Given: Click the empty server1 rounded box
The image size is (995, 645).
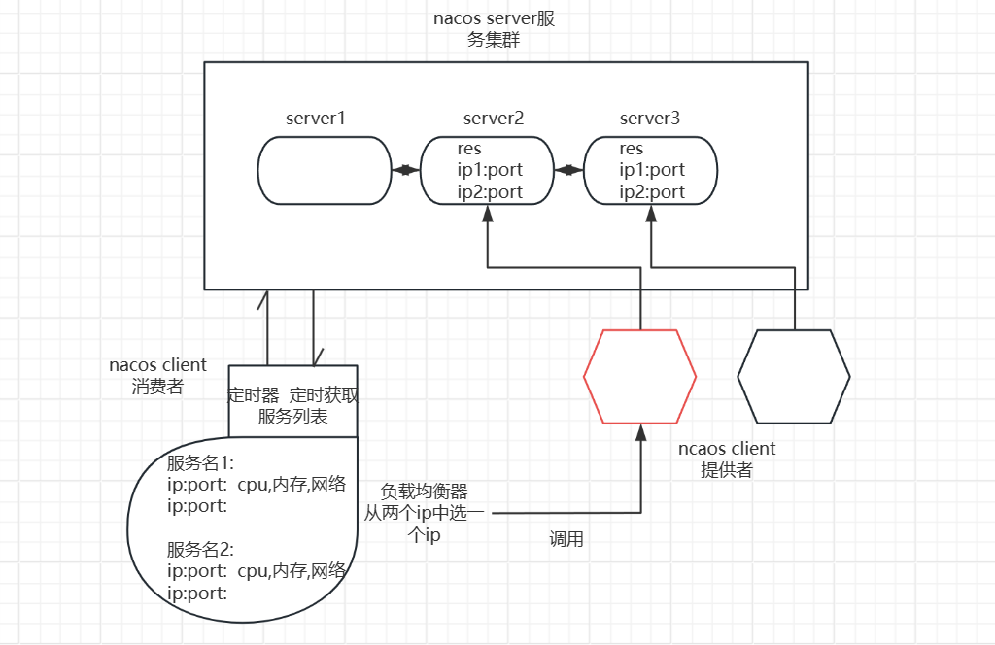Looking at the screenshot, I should tap(324, 171).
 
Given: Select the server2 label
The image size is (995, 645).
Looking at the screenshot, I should tap(493, 119).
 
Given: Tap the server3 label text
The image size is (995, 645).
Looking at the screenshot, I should tap(649, 119).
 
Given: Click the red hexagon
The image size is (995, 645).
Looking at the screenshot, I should tap(639, 376).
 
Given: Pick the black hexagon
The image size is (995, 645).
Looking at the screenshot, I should tap(794, 376).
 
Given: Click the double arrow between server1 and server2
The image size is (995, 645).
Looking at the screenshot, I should tap(405, 171).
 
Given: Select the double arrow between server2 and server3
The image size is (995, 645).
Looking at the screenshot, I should tap(567, 171).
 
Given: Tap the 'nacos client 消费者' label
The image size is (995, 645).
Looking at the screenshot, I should tap(157, 376).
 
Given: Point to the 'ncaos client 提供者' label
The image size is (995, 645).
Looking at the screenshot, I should tap(727, 459).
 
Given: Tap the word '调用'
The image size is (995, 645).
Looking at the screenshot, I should tap(566, 539).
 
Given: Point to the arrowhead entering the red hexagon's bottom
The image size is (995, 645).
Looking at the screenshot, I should tap(639, 432).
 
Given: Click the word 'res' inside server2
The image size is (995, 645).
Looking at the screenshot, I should tap(469, 149).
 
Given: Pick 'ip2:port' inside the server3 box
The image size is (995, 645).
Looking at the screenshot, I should tap(652, 191).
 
